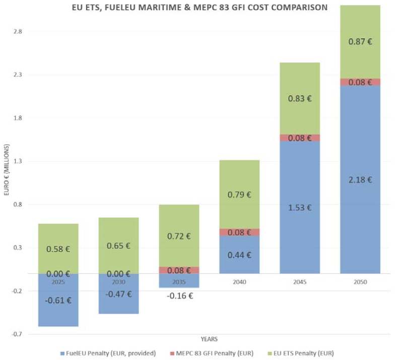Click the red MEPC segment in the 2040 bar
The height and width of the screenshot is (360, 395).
[x=239, y=232]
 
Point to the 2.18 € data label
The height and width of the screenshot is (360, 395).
[x=360, y=180]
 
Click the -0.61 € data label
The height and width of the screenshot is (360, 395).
[x=58, y=301]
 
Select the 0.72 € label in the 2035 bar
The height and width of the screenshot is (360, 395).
[x=179, y=236]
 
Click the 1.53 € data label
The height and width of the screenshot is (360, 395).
[x=300, y=207]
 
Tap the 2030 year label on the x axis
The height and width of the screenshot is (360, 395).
[x=118, y=282]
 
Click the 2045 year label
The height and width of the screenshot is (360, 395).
[x=300, y=282]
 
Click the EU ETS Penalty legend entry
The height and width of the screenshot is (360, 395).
[x=303, y=353]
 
